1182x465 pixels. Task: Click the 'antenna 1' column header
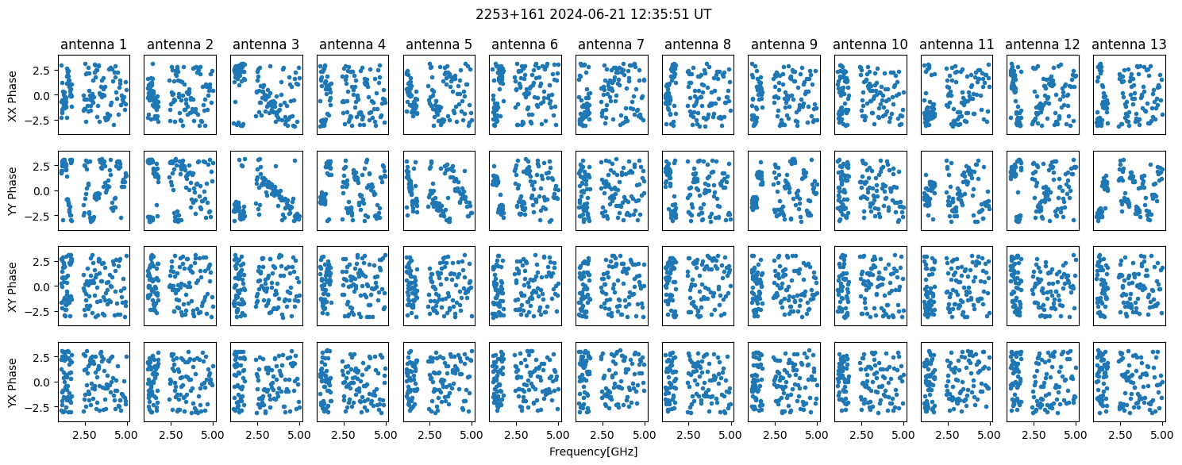tap(94, 44)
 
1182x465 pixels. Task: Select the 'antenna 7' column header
tap(611, 44)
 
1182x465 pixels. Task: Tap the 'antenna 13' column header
tap(1129, 44)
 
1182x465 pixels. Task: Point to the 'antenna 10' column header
tap(870, 44)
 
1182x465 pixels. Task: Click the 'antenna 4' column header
tap(352, 44)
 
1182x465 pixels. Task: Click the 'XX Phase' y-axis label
tap(12, 95)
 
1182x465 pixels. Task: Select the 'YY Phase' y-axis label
tap(12, 191)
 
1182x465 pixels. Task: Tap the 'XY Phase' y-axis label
tap(12, 286)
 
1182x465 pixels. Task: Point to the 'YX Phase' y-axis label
tap(12, 382)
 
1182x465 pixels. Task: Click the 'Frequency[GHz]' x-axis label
tap(593, 452)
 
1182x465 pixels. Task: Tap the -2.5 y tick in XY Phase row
tap(40, 312)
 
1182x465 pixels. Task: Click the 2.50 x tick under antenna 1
tap(84, 435)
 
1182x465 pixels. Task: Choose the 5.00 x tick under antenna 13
tap(1162, 435)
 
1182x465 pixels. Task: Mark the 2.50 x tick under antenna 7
tap(602, 435)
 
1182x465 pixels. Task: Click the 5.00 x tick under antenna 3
tap(299, 435)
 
